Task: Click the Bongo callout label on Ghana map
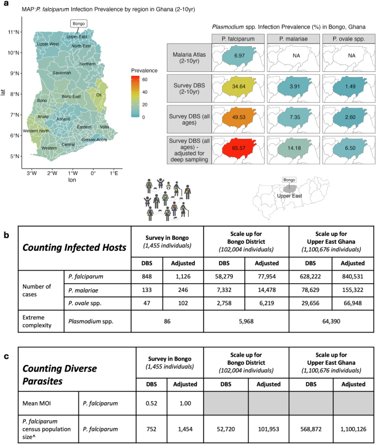tap(78, 24)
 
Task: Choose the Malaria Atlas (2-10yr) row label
tap(187, 57)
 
